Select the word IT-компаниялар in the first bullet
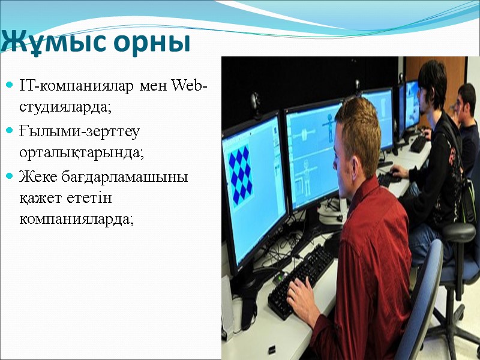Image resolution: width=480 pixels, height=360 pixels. point(77,86)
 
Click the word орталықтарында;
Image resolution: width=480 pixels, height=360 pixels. point(82,152)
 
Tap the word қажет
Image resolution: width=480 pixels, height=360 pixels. point(43,197)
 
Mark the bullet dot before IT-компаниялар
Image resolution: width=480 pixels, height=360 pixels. point(9,87)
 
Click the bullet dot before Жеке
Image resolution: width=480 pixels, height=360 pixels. point(9,178)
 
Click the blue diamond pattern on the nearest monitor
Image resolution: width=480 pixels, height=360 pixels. point(241,175)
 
